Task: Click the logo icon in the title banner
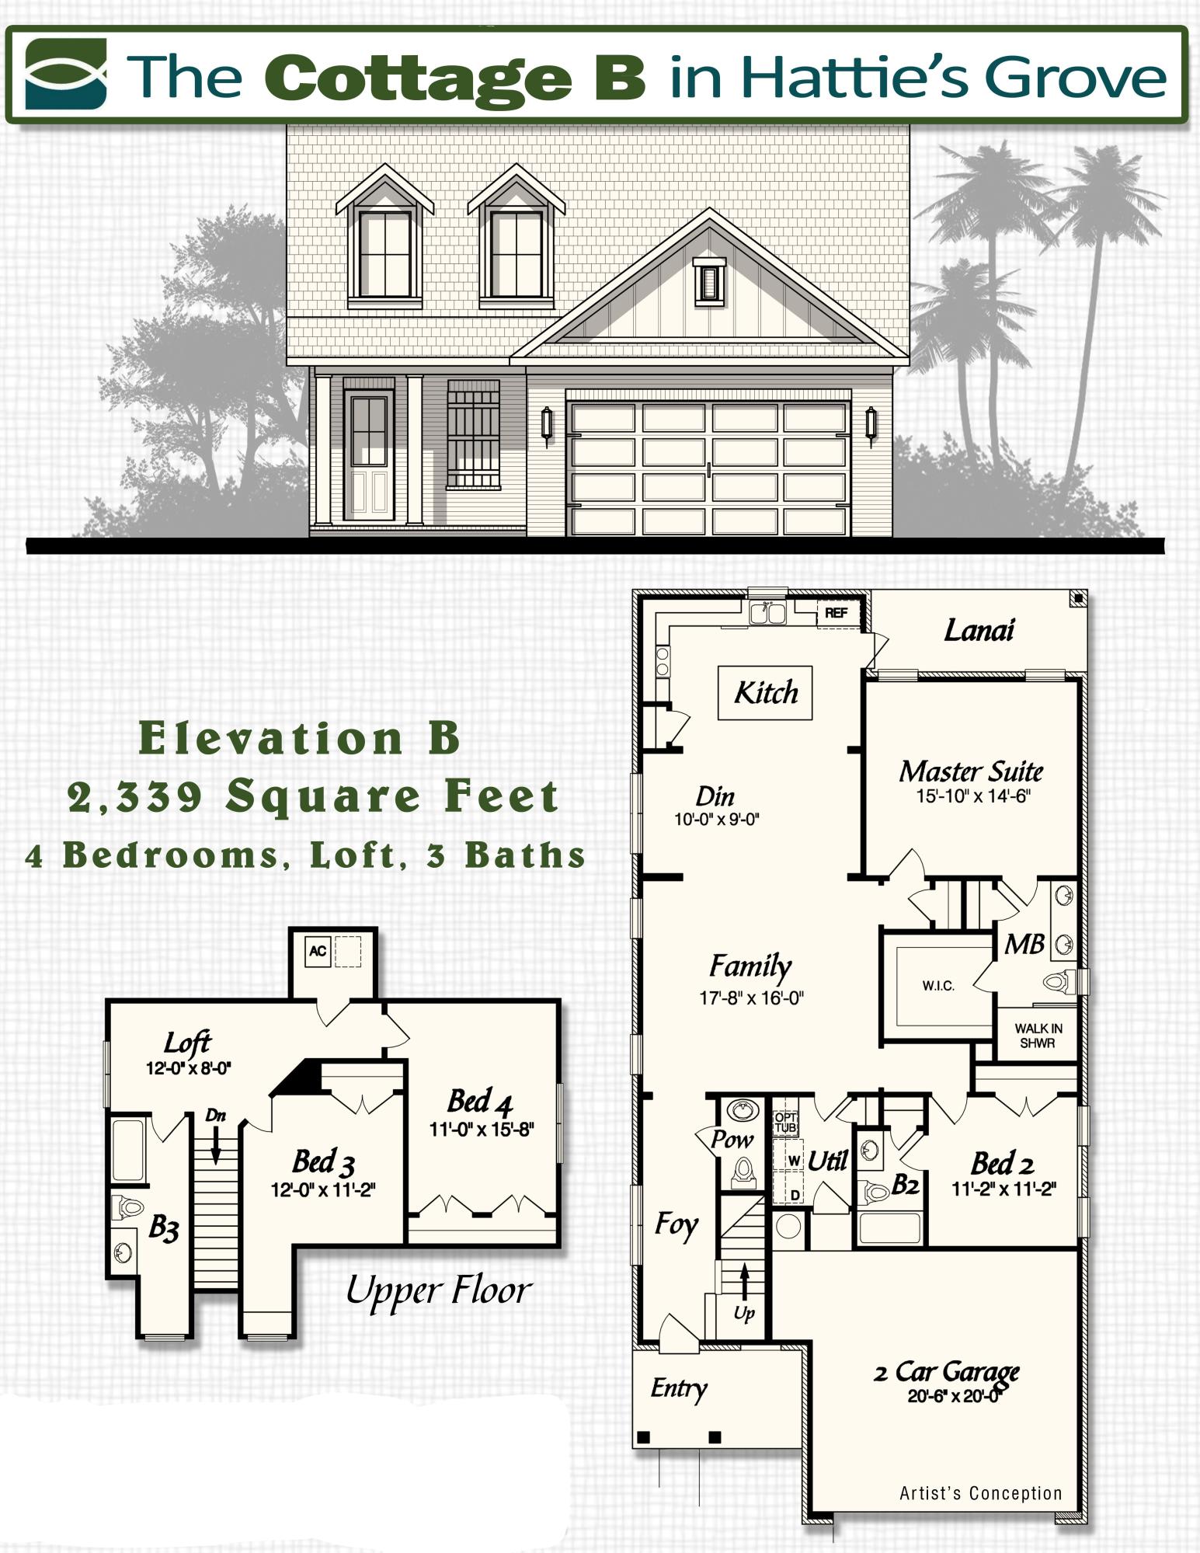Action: click(x=65, y=75)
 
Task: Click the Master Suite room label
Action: click(x=971, y=771)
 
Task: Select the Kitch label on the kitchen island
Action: click(x=766, y=692)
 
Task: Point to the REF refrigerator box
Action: click(x=836, y=613)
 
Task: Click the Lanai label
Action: click(x=979, y=630)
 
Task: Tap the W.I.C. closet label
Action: click(x=938, y=986)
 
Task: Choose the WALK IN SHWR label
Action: click(x=1038, y=1036)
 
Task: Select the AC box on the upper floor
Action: click(x=318, y=951)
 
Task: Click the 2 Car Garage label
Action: click(x=946, y=1371)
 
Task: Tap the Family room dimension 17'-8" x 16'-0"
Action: click(x=751, y=998)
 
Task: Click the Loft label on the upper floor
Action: click(x=187, y=1042)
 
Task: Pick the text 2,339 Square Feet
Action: click(x=313, y=797)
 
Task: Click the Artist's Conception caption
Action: click(x=980, y=1493)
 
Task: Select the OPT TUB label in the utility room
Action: click(x=785, y=1122)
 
